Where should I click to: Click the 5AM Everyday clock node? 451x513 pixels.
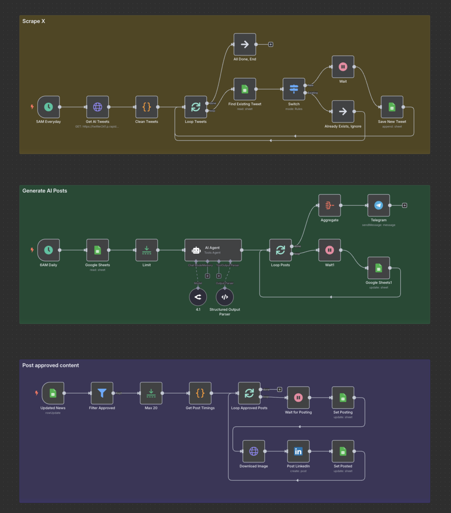point(48,107)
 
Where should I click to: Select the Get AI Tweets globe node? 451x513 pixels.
point(97,107)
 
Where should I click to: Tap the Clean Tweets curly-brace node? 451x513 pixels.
point(147,107)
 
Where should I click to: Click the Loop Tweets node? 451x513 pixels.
point(196,107)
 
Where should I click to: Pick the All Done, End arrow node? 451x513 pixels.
point(245,45)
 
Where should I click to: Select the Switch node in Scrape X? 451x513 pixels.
point(294,89)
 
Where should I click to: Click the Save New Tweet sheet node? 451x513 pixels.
point(392,107)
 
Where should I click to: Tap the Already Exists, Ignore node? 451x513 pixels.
point(343,112)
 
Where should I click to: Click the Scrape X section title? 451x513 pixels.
point(34,21)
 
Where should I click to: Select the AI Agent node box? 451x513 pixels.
point(213,250)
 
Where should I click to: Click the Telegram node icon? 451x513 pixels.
point(379,205)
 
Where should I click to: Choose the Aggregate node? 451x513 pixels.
point(329,205)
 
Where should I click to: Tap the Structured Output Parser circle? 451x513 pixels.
point(225,297)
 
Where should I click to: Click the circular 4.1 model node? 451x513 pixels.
point(198,297)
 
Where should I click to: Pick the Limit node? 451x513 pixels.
point(147,250)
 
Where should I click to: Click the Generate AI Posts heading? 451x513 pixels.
point(45,191)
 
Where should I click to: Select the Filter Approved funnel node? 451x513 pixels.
point(102,393)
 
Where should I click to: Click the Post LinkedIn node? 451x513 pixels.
point(298,451)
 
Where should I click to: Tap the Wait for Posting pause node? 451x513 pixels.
point(298,398)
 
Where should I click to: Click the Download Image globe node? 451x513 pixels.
point(254,451)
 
